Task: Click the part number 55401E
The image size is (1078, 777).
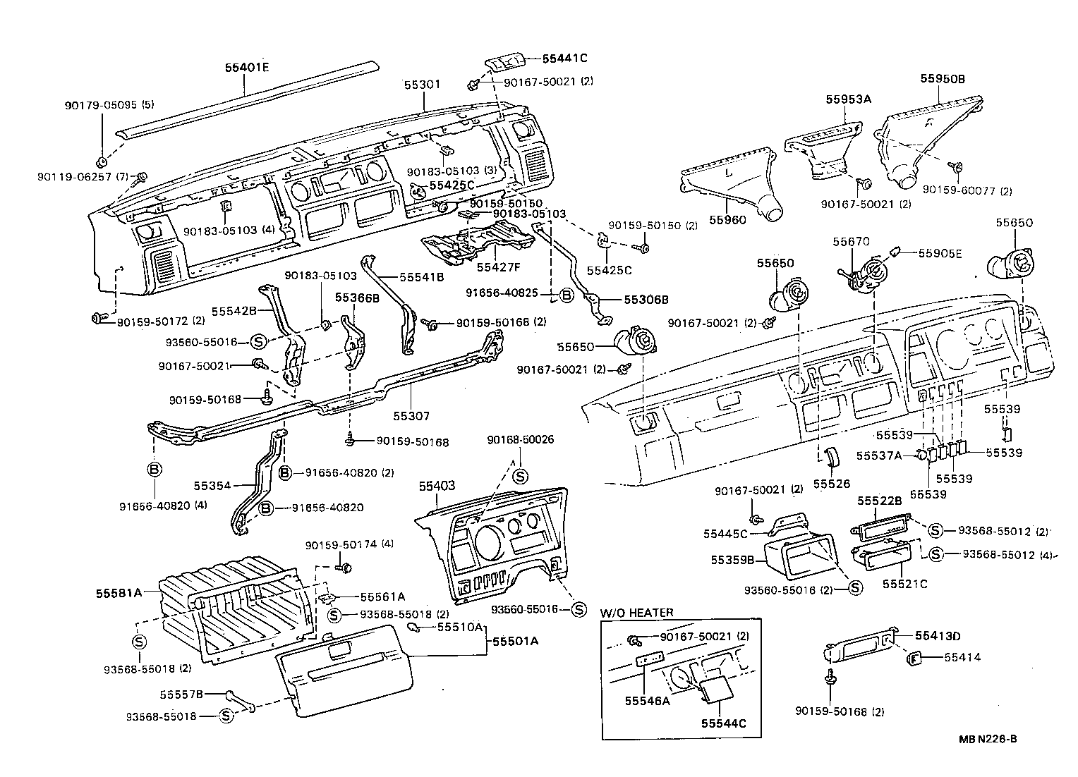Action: click(x=247, y=68)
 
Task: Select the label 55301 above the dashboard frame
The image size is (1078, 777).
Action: click(x=422, y=84)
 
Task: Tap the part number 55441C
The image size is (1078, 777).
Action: click(x=564, y=59)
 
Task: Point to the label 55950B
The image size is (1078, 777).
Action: click(x=942, y=79)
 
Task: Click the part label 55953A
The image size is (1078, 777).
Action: click(x=849, y=99)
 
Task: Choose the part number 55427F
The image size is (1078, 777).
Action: click(x=498, y=268)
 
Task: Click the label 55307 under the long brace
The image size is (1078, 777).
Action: click(x=411, y=417)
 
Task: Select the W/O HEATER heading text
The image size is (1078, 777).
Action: click(x=636, y=613)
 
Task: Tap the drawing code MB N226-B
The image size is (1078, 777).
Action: click(x=987, y=739)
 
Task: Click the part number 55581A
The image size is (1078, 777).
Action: click(x=119, y=593)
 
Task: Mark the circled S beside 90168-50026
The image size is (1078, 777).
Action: click(x=520, y=476)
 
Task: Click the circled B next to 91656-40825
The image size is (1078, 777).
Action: click(x=566, y=296)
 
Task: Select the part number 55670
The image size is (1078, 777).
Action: click(x=849, y=241)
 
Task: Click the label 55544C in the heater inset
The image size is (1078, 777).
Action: click(x=723, y=723)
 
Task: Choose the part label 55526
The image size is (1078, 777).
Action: click(x=832, y=484)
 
